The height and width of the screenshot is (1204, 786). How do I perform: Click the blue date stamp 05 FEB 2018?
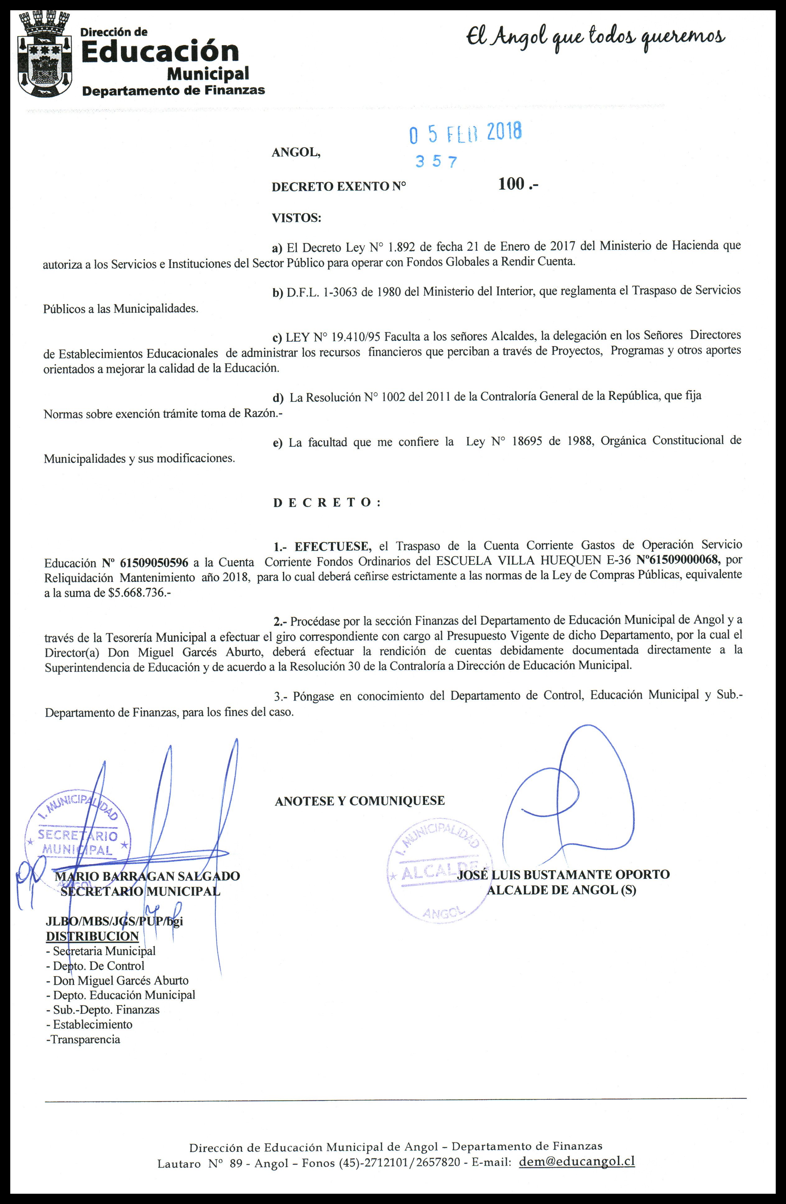coord(465,133)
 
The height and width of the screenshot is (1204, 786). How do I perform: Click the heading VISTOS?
coord(296,218)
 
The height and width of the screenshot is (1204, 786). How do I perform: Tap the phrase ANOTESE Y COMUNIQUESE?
coord(359,801)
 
